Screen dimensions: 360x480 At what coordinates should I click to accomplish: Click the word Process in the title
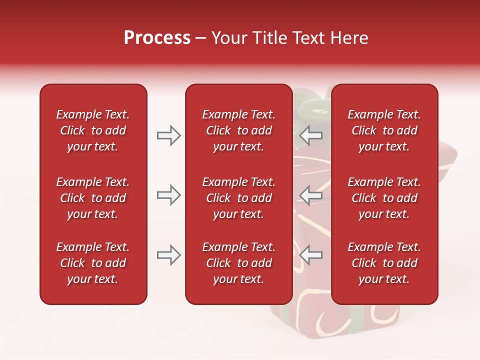click(x=157, y=38)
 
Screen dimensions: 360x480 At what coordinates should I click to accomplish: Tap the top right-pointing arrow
click(x=168, y=135)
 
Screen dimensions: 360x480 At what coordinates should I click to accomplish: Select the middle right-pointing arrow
click(x=168, y=194)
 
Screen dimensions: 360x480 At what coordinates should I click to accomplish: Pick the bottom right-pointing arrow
click(x=168, y=255)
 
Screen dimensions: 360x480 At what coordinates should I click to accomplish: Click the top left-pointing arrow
click(x=311, y=135)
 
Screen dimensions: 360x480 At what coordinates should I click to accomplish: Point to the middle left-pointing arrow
click(x=311, y=194)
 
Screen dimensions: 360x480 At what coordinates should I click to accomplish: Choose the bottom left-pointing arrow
click(x=311, y=255)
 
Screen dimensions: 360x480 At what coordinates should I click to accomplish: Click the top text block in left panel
click(x=93, y=130)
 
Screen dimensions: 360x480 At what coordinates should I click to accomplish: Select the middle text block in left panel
click(x=93, y=198)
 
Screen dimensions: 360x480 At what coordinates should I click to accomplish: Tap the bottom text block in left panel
click(x=93, y=263)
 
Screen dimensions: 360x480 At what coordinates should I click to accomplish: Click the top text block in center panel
click(x=238, y=130)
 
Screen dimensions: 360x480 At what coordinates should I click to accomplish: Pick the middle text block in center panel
click(x=238, y=198)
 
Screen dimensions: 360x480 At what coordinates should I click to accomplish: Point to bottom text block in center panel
click(x=238, y=263)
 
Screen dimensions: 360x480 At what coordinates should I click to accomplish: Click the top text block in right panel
click(x=384, y=130)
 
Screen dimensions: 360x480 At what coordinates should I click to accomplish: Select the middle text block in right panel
click(x=384, y=198)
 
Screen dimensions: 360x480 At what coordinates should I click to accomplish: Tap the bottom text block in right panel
click(x=384, y=263)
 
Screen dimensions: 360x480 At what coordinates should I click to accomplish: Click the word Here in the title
click(x=349, y=38)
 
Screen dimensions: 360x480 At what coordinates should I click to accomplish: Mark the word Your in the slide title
click(x=229, y=38)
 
